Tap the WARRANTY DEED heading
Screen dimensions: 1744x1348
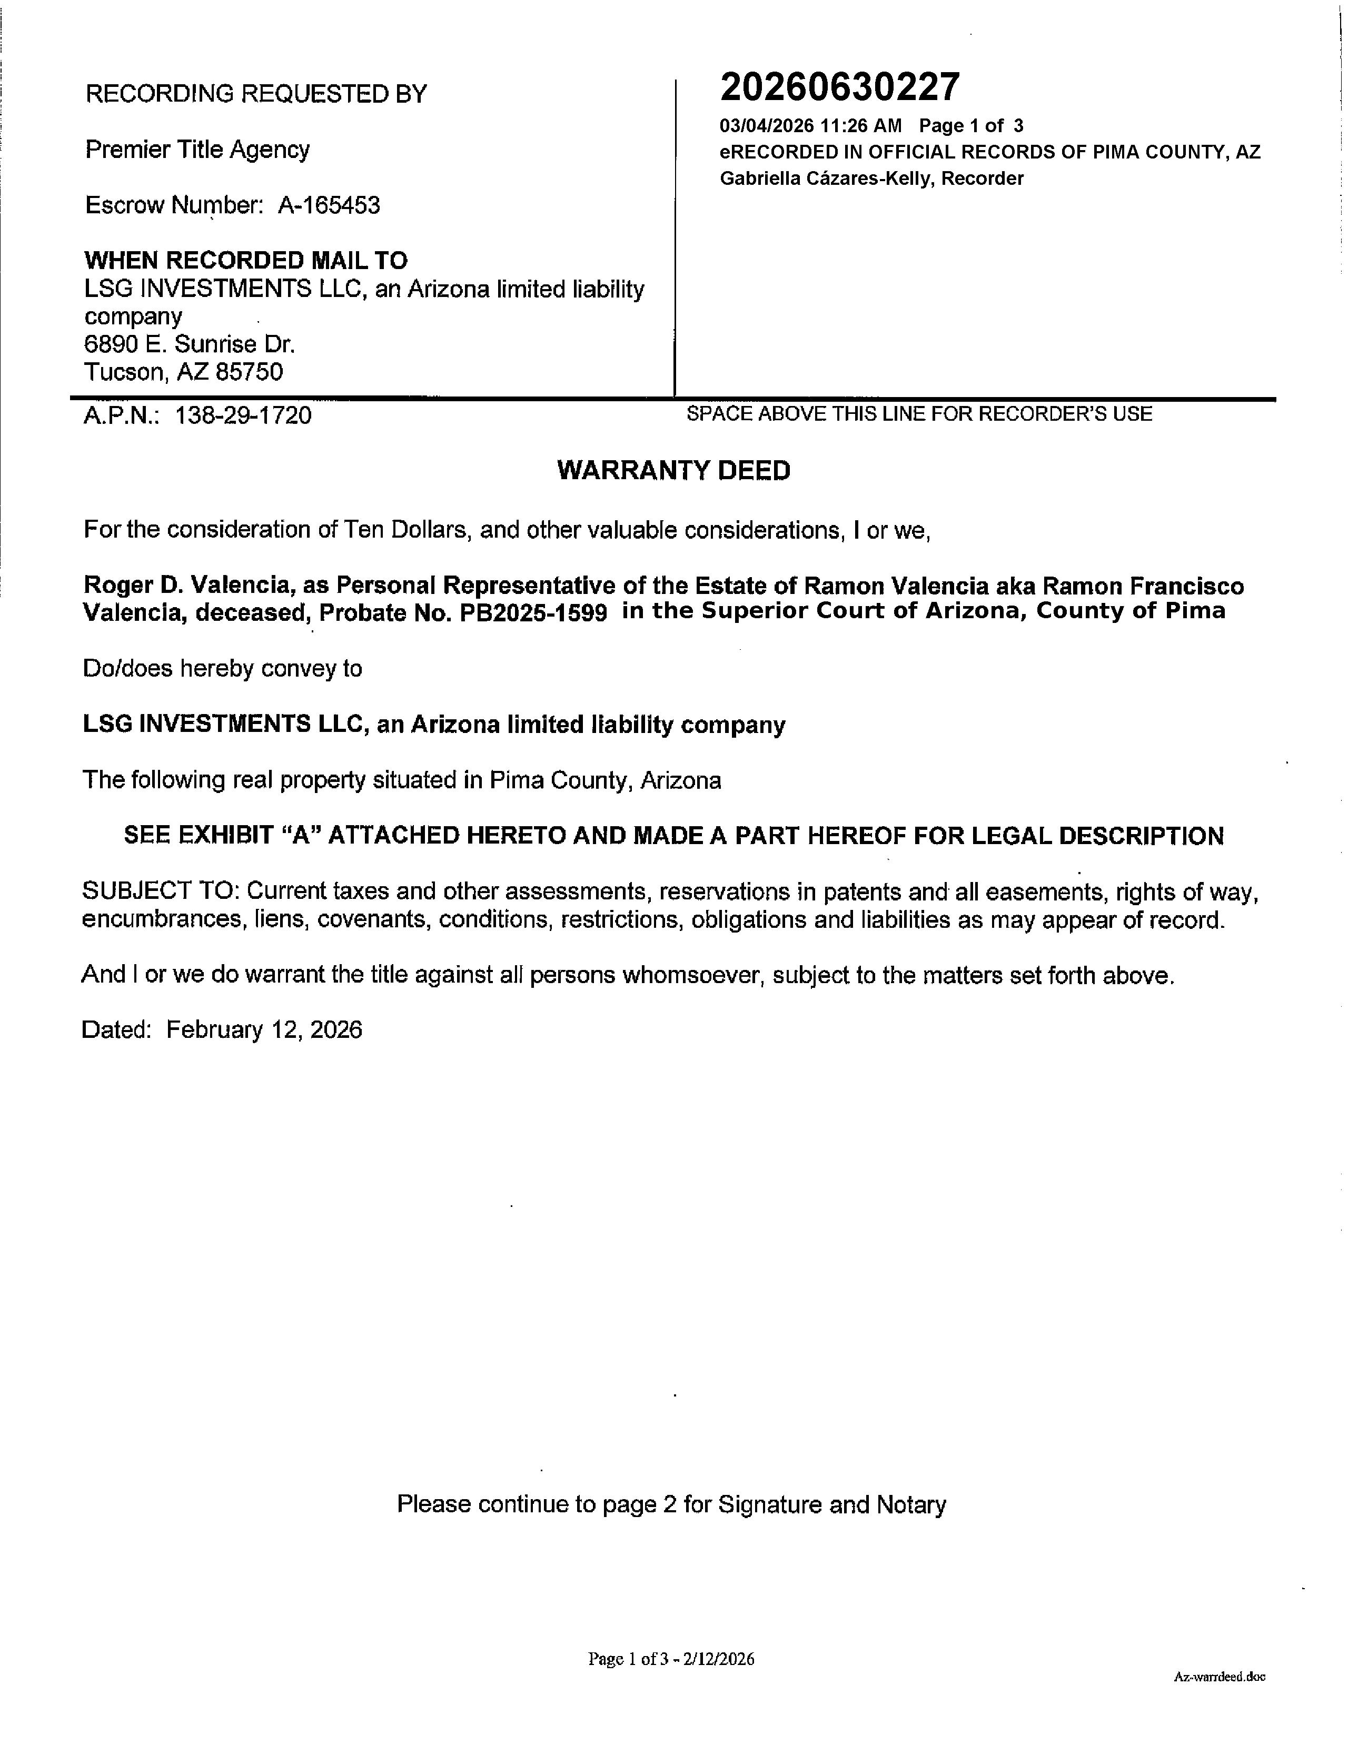coord(673,470)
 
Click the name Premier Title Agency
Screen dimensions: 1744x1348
coord(197,150)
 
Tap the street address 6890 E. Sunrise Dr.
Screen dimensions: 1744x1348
coord(189,344)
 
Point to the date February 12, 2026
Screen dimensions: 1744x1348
coord(263,1029)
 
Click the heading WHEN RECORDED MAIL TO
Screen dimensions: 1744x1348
coord(246,260)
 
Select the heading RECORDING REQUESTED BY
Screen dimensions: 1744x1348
coord(255,94)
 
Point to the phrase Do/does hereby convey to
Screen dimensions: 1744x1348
coord(222,668)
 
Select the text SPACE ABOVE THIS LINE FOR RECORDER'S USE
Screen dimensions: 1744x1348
coord(919,414)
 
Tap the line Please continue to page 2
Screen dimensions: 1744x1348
coord(671,1504)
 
